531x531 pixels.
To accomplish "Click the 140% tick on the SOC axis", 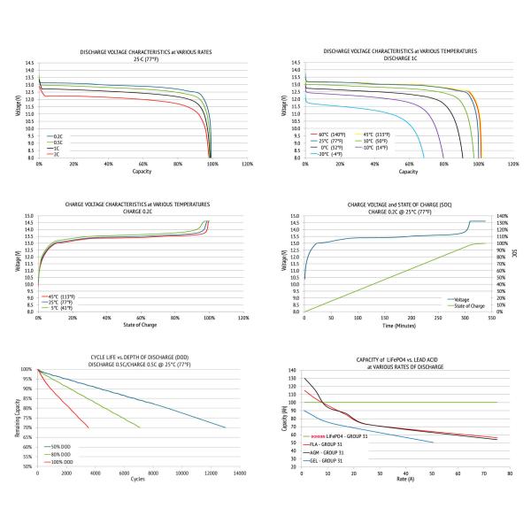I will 502,216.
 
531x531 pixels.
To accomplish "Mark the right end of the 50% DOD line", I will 225,427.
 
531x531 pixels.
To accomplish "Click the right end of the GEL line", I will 433,442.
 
